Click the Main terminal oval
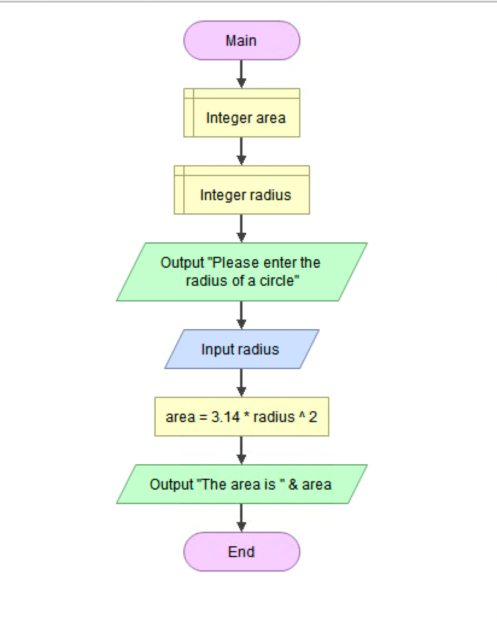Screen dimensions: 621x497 (x=241, y=40)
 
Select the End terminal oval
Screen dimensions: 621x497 (x=241, y=551)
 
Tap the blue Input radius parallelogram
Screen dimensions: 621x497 (x=241, y=349)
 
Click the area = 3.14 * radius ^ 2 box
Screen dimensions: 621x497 (x=241, y=417)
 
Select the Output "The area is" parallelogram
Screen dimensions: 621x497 (x=241, y=484)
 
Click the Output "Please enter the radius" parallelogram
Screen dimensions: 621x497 (x=241, y=272)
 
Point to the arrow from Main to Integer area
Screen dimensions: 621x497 (x=241, y=74)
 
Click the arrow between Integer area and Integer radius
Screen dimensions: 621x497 (x=241, y=151)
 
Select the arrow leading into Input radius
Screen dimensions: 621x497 (x=241, y=315)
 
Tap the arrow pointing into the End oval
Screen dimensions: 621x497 (x=241, y=517)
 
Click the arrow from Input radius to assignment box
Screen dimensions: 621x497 (x=241, y=382)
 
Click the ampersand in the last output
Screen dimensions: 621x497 (x=294, y=484)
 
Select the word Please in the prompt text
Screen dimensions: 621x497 (x=233, y=263)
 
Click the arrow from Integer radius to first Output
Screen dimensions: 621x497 (x=241, y=228)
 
